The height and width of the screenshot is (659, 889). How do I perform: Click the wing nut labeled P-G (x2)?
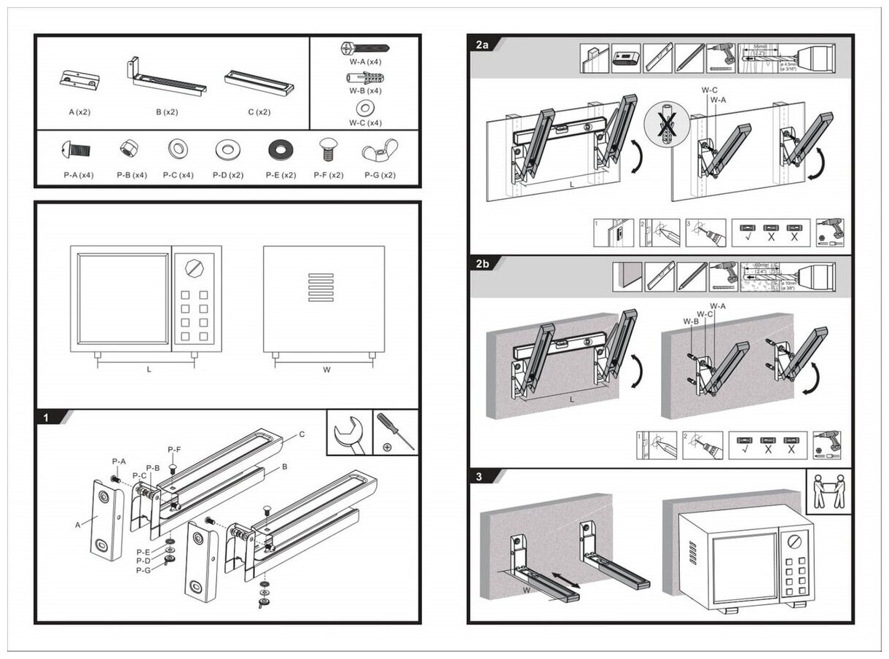(x=380, y=149)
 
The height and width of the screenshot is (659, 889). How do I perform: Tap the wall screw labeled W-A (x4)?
(x=364, y=49)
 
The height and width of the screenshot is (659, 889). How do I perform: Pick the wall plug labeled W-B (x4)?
(x=364, y=78)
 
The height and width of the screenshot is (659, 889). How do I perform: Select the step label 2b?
(x=482, y=264)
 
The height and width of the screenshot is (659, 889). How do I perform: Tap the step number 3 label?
(x=479, y=477)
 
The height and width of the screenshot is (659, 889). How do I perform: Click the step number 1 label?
(x=45, y=418)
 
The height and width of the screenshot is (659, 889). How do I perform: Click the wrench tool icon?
(x=349, y=433)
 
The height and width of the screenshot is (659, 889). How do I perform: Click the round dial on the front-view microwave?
(x=194, y=267)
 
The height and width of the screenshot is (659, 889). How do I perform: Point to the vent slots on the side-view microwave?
(x=321, y=287)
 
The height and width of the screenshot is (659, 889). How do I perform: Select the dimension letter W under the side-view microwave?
(x=326, y=370)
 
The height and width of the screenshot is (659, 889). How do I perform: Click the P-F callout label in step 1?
(x=174, y=450)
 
